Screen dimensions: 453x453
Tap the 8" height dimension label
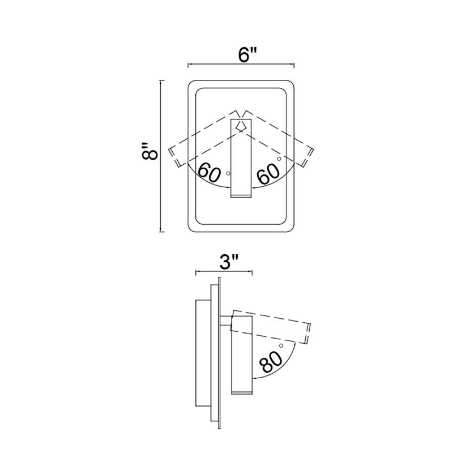point(150,151)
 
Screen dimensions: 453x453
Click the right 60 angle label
point(268,174)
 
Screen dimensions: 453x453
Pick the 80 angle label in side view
point(271,361)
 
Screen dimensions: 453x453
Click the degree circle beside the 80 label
point(281,345)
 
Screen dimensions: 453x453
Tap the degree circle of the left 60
point(228,173)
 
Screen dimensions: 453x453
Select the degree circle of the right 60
point(279,159)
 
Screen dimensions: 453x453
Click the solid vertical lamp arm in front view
point(241,159)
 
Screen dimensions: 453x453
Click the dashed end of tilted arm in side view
point(308,334)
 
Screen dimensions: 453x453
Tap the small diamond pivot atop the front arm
point(241,125)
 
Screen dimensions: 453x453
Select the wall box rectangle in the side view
point(203,353)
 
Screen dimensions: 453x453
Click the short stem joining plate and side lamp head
point(226,321)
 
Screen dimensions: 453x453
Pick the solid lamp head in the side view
point(242,355)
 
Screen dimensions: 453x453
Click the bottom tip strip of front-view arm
point(241,196)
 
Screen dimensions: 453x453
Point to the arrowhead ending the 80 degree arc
point(255,378)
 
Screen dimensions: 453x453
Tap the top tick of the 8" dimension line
point(162,80)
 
